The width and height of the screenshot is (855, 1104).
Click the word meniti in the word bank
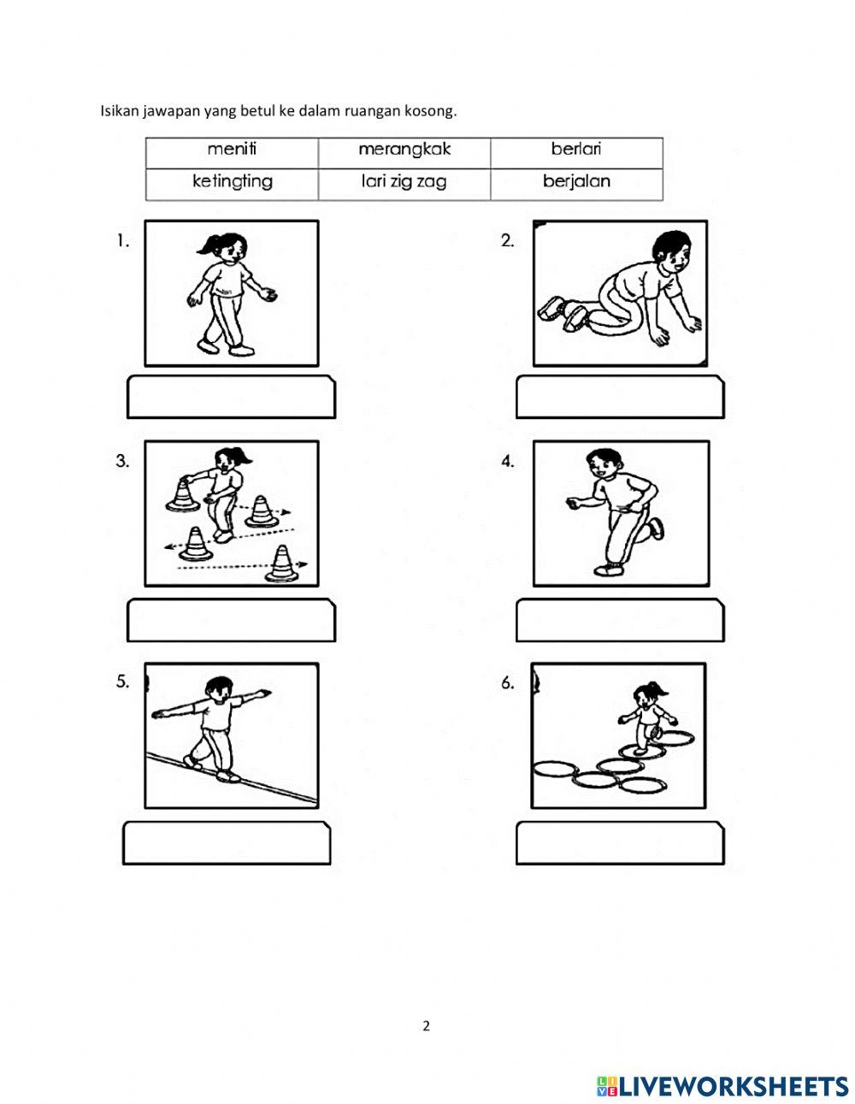coord(232,149)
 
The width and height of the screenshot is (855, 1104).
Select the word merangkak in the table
coord(404,150)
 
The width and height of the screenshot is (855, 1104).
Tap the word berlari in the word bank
coord(576,149)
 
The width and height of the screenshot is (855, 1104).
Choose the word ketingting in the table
coord(232,181)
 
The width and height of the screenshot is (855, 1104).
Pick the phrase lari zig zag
coord(404,182)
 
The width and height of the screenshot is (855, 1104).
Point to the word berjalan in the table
coord(576,181)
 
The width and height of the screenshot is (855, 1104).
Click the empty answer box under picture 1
coord(231,397)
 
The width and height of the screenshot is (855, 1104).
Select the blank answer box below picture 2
coord(620,397)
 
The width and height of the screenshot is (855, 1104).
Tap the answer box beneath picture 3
coord(231,620)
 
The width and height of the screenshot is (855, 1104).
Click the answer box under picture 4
coord(620,620)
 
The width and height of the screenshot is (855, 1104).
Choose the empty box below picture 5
coord(227,843)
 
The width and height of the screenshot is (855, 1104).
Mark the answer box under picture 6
coord(620,843)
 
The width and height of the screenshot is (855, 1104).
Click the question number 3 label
coord(122,461)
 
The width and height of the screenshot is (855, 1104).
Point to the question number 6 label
coord(508,683)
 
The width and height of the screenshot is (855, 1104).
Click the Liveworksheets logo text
coord(733,1072)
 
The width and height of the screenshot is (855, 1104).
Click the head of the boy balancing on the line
coord(219,691)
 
